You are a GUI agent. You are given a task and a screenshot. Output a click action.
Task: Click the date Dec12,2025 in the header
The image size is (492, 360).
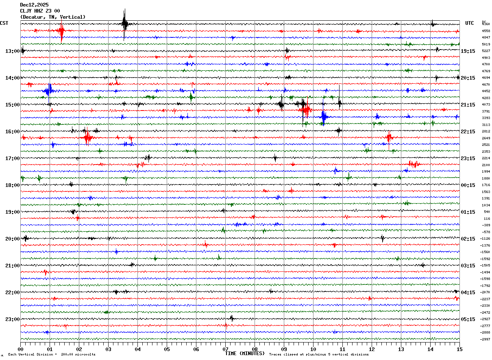pyautogui.click(x=34, y=5)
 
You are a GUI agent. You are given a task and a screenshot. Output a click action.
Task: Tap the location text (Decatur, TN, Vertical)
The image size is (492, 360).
pyautogui.click(x=53, y=17)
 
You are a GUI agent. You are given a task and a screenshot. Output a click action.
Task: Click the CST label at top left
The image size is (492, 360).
pyautogui.click(x=4, y=23)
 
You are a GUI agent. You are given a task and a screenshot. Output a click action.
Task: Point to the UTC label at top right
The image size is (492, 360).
pyautogui.click(x=470, y=23)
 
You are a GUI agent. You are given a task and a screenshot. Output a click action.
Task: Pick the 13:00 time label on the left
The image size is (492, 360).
pyautogui.click(x=12, y=51)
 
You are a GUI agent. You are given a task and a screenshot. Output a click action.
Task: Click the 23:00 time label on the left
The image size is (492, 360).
pyautogui.click(x=12, y=319)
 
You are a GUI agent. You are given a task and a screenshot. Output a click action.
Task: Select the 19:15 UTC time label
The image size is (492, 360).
pyautogui.click(x=468, y=51)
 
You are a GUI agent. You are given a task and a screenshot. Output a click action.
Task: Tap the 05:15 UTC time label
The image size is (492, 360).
pyautogui.click(x=468, y=319)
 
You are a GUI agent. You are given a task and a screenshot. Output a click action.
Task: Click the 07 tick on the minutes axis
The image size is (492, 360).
pyautogui.click(x=225, y=349)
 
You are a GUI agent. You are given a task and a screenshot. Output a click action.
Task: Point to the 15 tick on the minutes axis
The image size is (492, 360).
pyautogui.click(x=459, y=349)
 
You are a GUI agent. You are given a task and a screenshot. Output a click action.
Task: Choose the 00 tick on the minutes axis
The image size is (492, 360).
pyautogui.click(x=21, y=349)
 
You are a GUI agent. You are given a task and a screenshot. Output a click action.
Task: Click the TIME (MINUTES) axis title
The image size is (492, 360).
pyautogui.click(x=245, y=353)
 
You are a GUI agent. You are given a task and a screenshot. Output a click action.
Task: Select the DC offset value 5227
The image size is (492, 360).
pyautogui.click(x=486, y=51)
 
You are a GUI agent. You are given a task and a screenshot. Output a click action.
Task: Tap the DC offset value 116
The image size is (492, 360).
pyautogui.click(x=487, y=219)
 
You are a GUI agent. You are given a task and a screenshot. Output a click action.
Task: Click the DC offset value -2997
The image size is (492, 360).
pyautogui.click(x=485, y=339)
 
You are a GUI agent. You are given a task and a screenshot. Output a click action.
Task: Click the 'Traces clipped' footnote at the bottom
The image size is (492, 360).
pyautogui.click(x=319, y=355)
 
